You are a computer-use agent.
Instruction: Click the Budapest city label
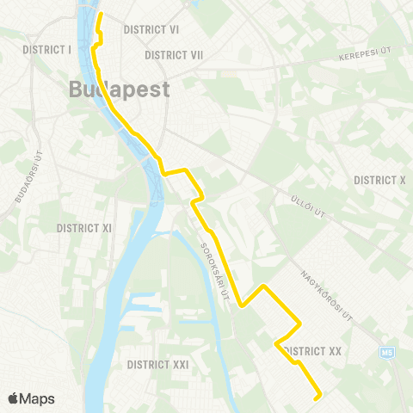[118, 89]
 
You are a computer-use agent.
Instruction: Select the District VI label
[151, 29]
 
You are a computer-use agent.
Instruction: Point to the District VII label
[174, 55]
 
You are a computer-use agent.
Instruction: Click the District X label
[379, 180]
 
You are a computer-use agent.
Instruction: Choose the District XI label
[84, 228]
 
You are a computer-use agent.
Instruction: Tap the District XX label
[313, 351]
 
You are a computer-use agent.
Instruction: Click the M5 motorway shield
[386, 352]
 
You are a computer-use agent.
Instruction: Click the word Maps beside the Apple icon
[38, 398]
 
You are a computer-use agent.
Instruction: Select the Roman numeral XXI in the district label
[178, 365]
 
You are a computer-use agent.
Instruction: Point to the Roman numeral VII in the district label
[194, 55]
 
